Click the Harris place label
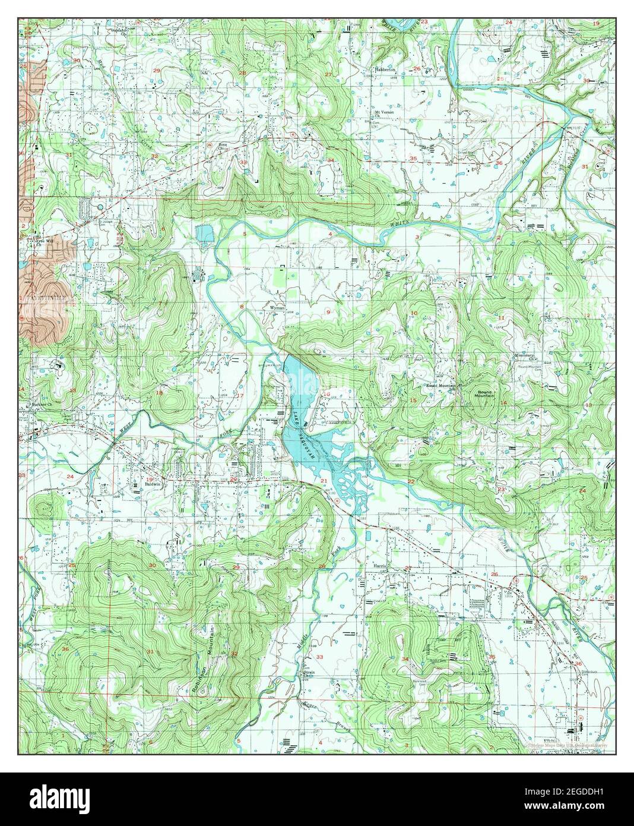(x=380, y=566)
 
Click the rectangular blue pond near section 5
(x=205, y=234)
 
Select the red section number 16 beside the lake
(x=326, y=394)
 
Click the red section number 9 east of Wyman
(x=328, y=311)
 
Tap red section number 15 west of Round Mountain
(x=413, y=400)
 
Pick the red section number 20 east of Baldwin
(x=233, y=480)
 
